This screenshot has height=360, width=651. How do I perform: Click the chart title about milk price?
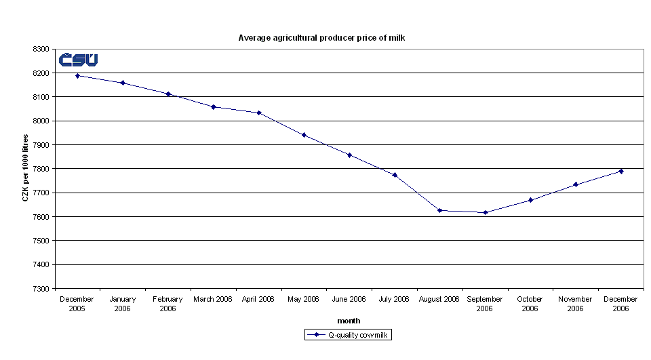tap(321, 38)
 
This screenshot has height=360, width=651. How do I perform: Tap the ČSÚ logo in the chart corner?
tap(78, 60)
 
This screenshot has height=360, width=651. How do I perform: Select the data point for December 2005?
tap(77, 76)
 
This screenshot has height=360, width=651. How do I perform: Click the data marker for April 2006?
tap(259, 113)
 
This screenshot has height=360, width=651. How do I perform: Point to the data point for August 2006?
tap(440, 210)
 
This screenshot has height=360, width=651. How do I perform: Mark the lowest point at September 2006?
tap(486, 212)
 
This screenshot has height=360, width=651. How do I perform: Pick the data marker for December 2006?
tap(621, 171)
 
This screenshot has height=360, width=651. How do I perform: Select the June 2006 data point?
tap(349, 155)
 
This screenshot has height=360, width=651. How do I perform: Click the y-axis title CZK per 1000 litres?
tap(26, 168)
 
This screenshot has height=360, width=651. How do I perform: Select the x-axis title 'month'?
tap(349, 321)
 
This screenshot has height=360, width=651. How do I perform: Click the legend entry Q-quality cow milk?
tap(349, 335)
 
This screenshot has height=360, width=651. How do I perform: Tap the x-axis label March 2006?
tap(213, 299)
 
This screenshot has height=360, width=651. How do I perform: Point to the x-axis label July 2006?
tap(394, 299)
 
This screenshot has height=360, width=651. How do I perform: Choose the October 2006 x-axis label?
tap(530, 304)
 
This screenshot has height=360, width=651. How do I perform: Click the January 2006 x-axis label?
tap(123, 304)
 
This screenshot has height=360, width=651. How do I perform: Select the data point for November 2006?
tap(576, 184)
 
